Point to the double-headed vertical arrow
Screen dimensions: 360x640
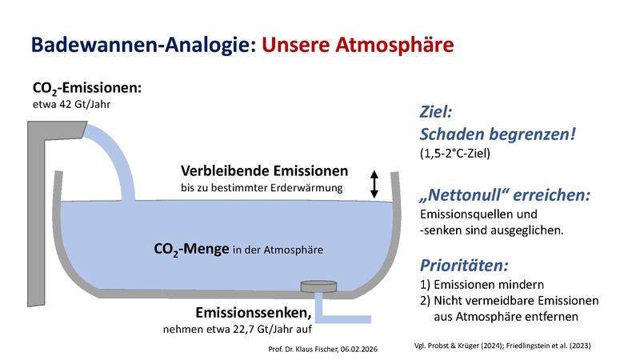[x=373, y=183]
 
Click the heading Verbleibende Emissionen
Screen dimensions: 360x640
[x=264, y=171]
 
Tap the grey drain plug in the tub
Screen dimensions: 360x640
[x=318, y=286]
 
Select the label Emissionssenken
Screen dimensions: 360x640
[x=252, y=311]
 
